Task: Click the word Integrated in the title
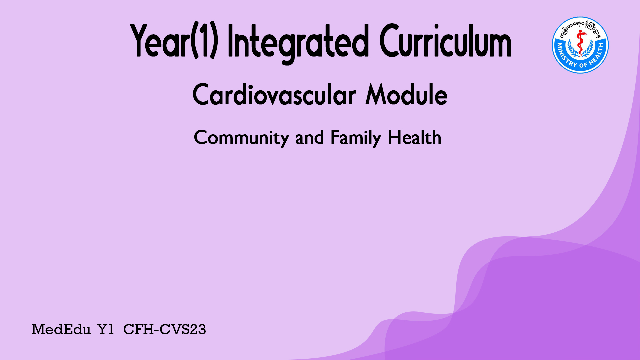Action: (x=298, y=43)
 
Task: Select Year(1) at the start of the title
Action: (x=174, y=41)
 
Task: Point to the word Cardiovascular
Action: (x=274, y=95)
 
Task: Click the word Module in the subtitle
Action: (x=407, y=95)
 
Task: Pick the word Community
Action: (x=242, y=138)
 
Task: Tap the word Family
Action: (x=356, y=138)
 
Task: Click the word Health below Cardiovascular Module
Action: (x=415, y=137)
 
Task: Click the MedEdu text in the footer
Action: (x=61, y=330)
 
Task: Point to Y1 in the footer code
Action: (x=106, y=330)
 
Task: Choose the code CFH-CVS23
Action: (x=165, y=330)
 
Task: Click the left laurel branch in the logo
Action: (x=572, y=48)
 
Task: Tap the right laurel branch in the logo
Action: (x=589, y=48)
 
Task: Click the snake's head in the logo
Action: (x=582, y=32)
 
